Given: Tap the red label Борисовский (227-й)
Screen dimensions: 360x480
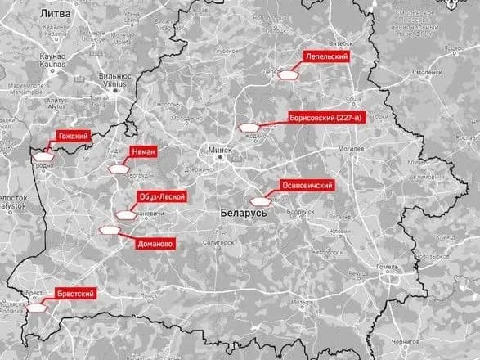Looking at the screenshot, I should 325,119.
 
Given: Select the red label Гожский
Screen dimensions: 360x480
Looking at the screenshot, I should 72,135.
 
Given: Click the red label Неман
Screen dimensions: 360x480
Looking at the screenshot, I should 143,151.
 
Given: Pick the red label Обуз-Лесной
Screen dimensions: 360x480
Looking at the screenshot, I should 162,196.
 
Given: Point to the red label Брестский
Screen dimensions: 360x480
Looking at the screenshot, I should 77,293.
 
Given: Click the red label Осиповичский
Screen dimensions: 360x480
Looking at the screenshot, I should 307,186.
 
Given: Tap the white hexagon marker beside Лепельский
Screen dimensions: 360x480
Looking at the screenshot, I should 289,74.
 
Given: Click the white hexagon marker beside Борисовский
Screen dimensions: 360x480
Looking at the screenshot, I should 249,128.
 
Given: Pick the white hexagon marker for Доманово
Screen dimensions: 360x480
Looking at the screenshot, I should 107,231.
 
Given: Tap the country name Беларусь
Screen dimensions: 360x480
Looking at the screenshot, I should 244,212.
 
